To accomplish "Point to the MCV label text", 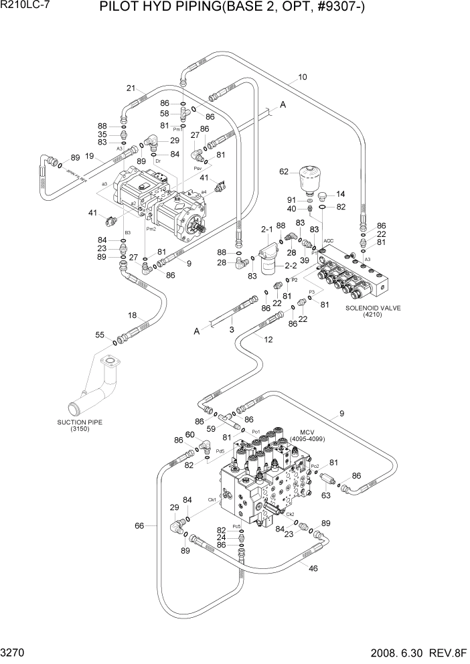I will (307, 432).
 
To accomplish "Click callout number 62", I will (285, 172).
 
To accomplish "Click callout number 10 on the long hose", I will (303, 78).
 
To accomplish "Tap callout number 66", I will (139, 525).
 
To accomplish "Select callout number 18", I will (133, 315).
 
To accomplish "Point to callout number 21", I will (131, 88).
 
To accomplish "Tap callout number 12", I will (268, 339).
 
